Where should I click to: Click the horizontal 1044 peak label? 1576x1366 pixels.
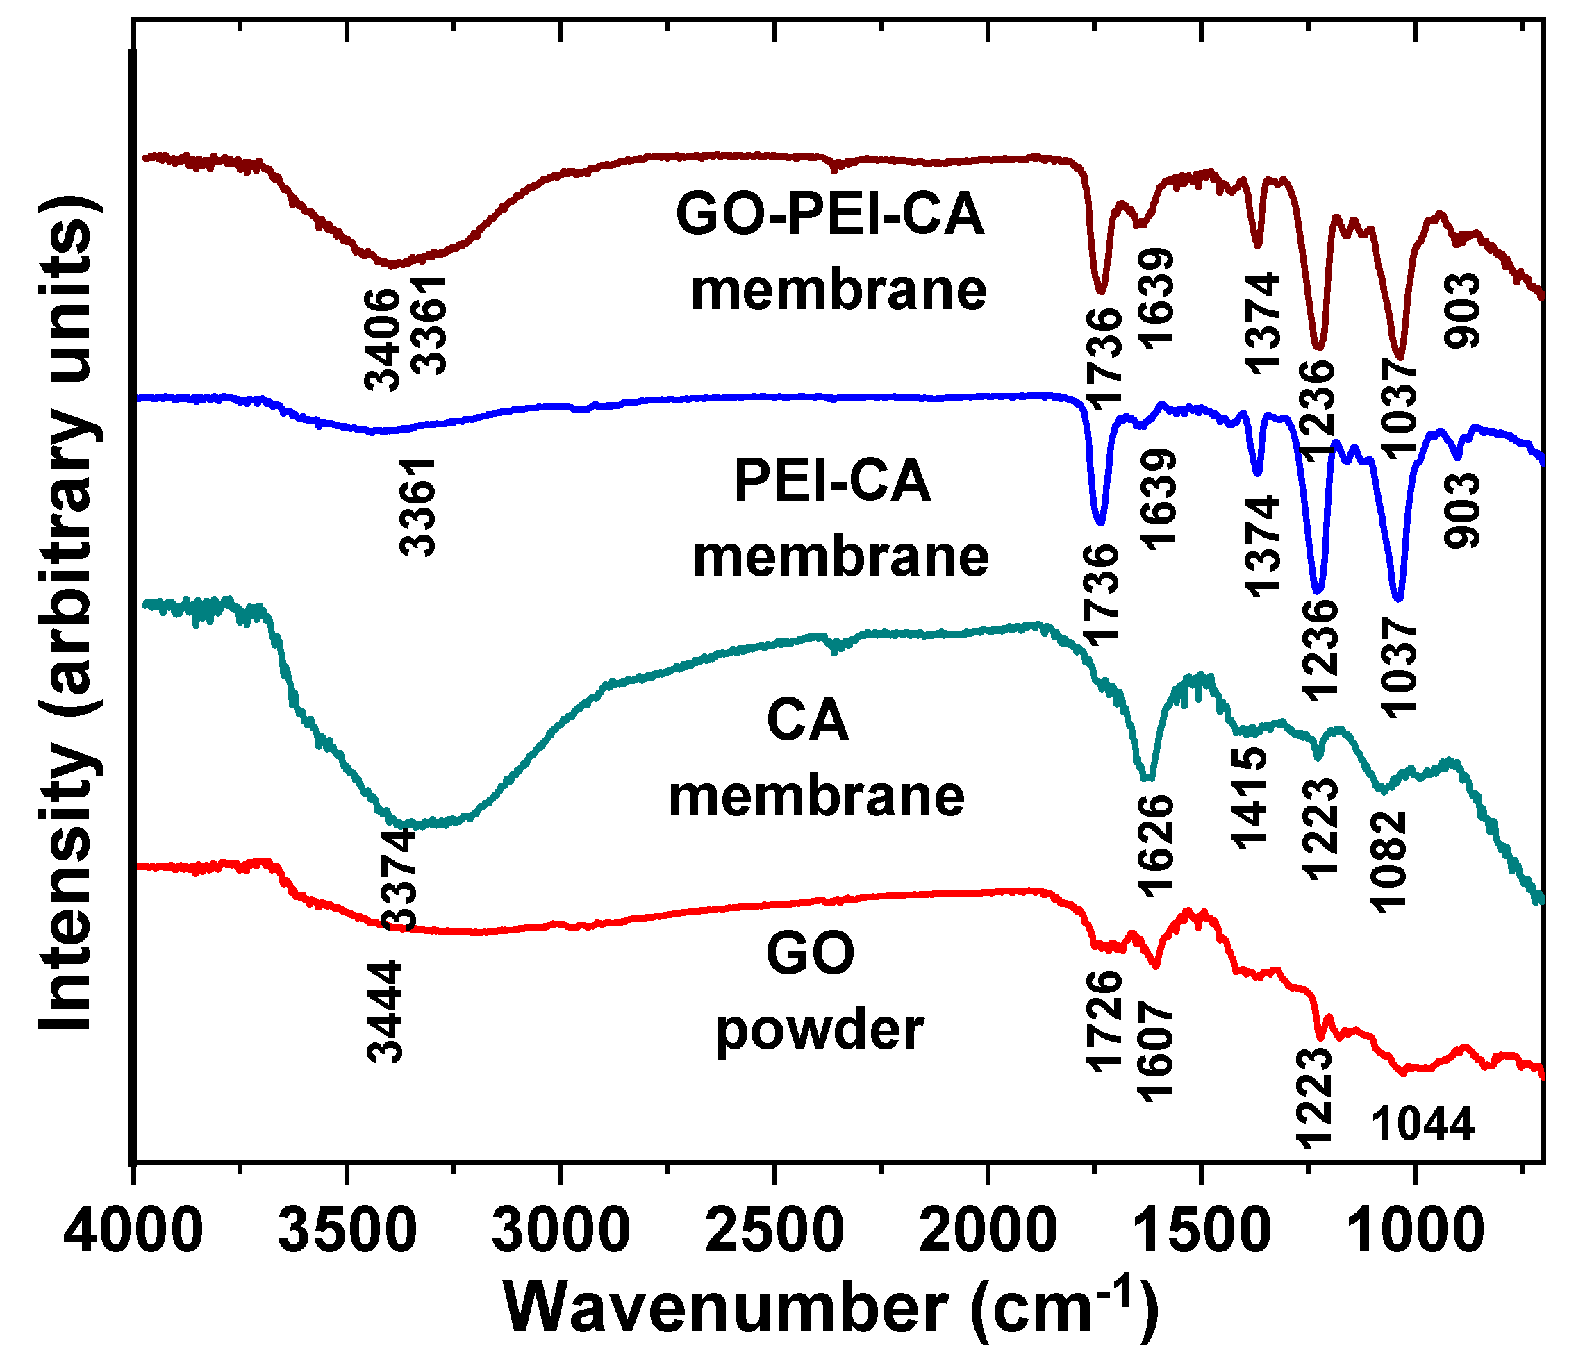coord(1422,1124)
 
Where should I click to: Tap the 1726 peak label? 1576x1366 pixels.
coord(1105,1022)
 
